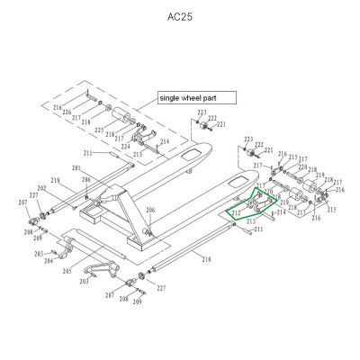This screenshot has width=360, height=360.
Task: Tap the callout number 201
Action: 76,169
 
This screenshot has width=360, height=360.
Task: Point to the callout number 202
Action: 41,187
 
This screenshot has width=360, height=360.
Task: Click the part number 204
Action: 49,261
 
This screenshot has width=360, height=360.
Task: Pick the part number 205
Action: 67,271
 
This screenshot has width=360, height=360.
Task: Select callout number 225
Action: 99,130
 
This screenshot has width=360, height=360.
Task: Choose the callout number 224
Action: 125,146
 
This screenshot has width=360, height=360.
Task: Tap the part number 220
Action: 268,192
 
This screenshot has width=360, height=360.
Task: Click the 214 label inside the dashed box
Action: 164,142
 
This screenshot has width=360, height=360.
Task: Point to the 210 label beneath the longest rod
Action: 207,259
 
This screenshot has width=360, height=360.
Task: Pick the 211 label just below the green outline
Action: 258,231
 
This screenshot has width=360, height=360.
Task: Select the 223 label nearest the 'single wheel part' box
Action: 202,112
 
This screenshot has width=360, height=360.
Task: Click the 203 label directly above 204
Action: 39,254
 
